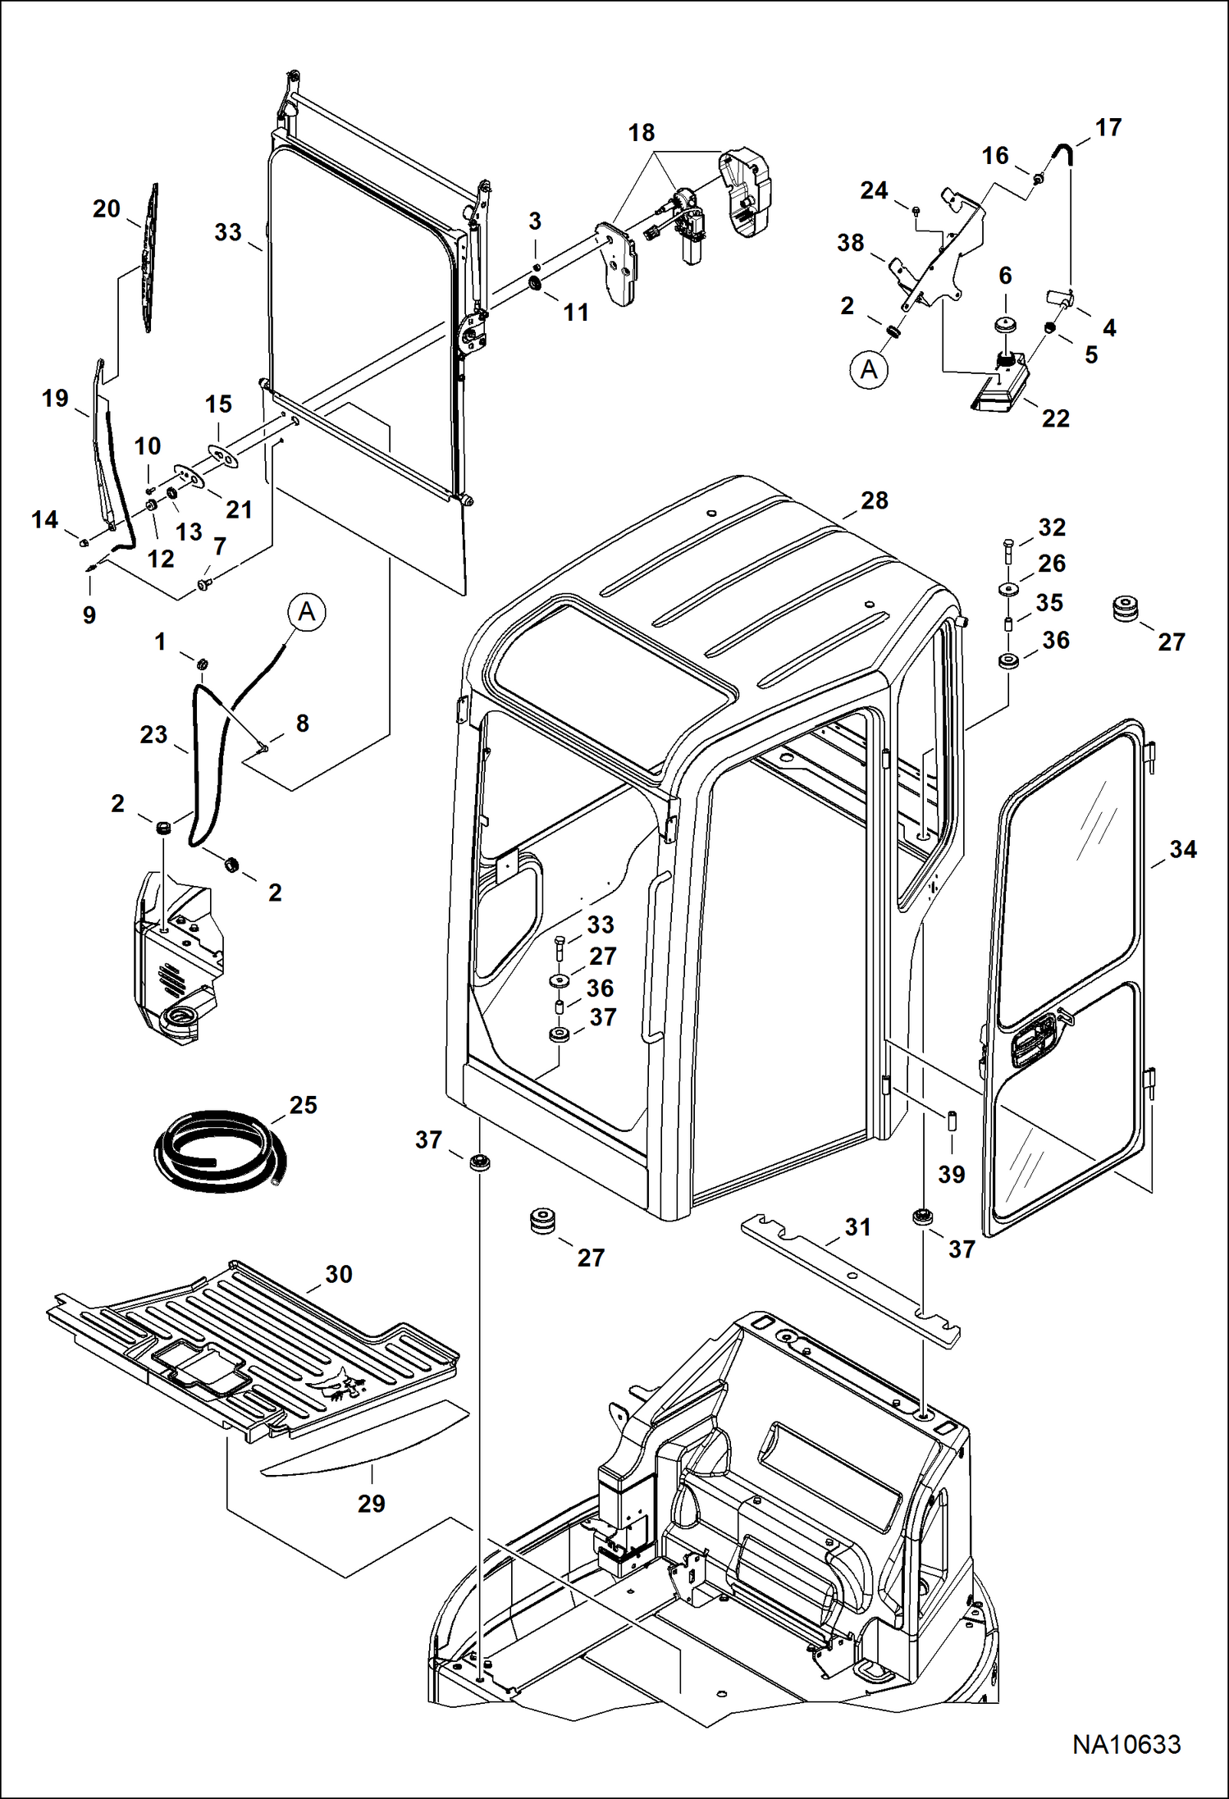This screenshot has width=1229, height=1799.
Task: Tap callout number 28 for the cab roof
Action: pyautogui.click(x=875, y=500)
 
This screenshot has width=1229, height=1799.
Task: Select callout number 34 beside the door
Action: pyautogui.click(x=1182, y=849)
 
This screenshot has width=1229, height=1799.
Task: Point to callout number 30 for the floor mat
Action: pyautogui.click(x=338, y=1274)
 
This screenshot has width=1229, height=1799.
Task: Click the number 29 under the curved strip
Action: pyautogui.click(x=371, y=1504)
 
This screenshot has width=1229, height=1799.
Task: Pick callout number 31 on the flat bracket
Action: pyautogui.click(x=857, y=1227)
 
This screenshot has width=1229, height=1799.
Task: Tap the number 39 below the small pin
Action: pyautogui.click(x=951, y=1174)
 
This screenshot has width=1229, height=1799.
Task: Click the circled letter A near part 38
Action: pyautogui.click(x=869, y=370)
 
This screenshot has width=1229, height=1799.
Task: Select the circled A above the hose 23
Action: pyautogui.click(x=307, y=612)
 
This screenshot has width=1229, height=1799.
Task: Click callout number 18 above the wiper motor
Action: pyautogui.click(x=642, y=132)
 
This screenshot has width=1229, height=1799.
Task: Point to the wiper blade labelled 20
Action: pyautogui.click(x=148, y=258)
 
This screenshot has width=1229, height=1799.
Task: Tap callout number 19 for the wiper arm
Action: pyautogui.click(x=55, y=399)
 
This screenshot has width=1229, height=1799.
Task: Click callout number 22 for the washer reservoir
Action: pyautogui.click(x=1055, y=418)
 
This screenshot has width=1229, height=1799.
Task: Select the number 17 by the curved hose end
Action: pyautogui.click(x=1108, y=127)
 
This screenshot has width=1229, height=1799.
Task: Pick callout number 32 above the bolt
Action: pyautogui.click(x=1052, y=527)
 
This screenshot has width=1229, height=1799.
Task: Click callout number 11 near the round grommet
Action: pyautogui.click(x=576, y=312)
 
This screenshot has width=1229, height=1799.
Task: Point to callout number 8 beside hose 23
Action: pyautogui.click(x=302, y=723)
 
